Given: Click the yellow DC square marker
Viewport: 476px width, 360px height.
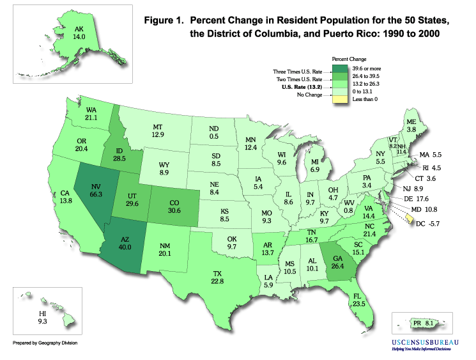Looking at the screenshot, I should coord(410,219).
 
